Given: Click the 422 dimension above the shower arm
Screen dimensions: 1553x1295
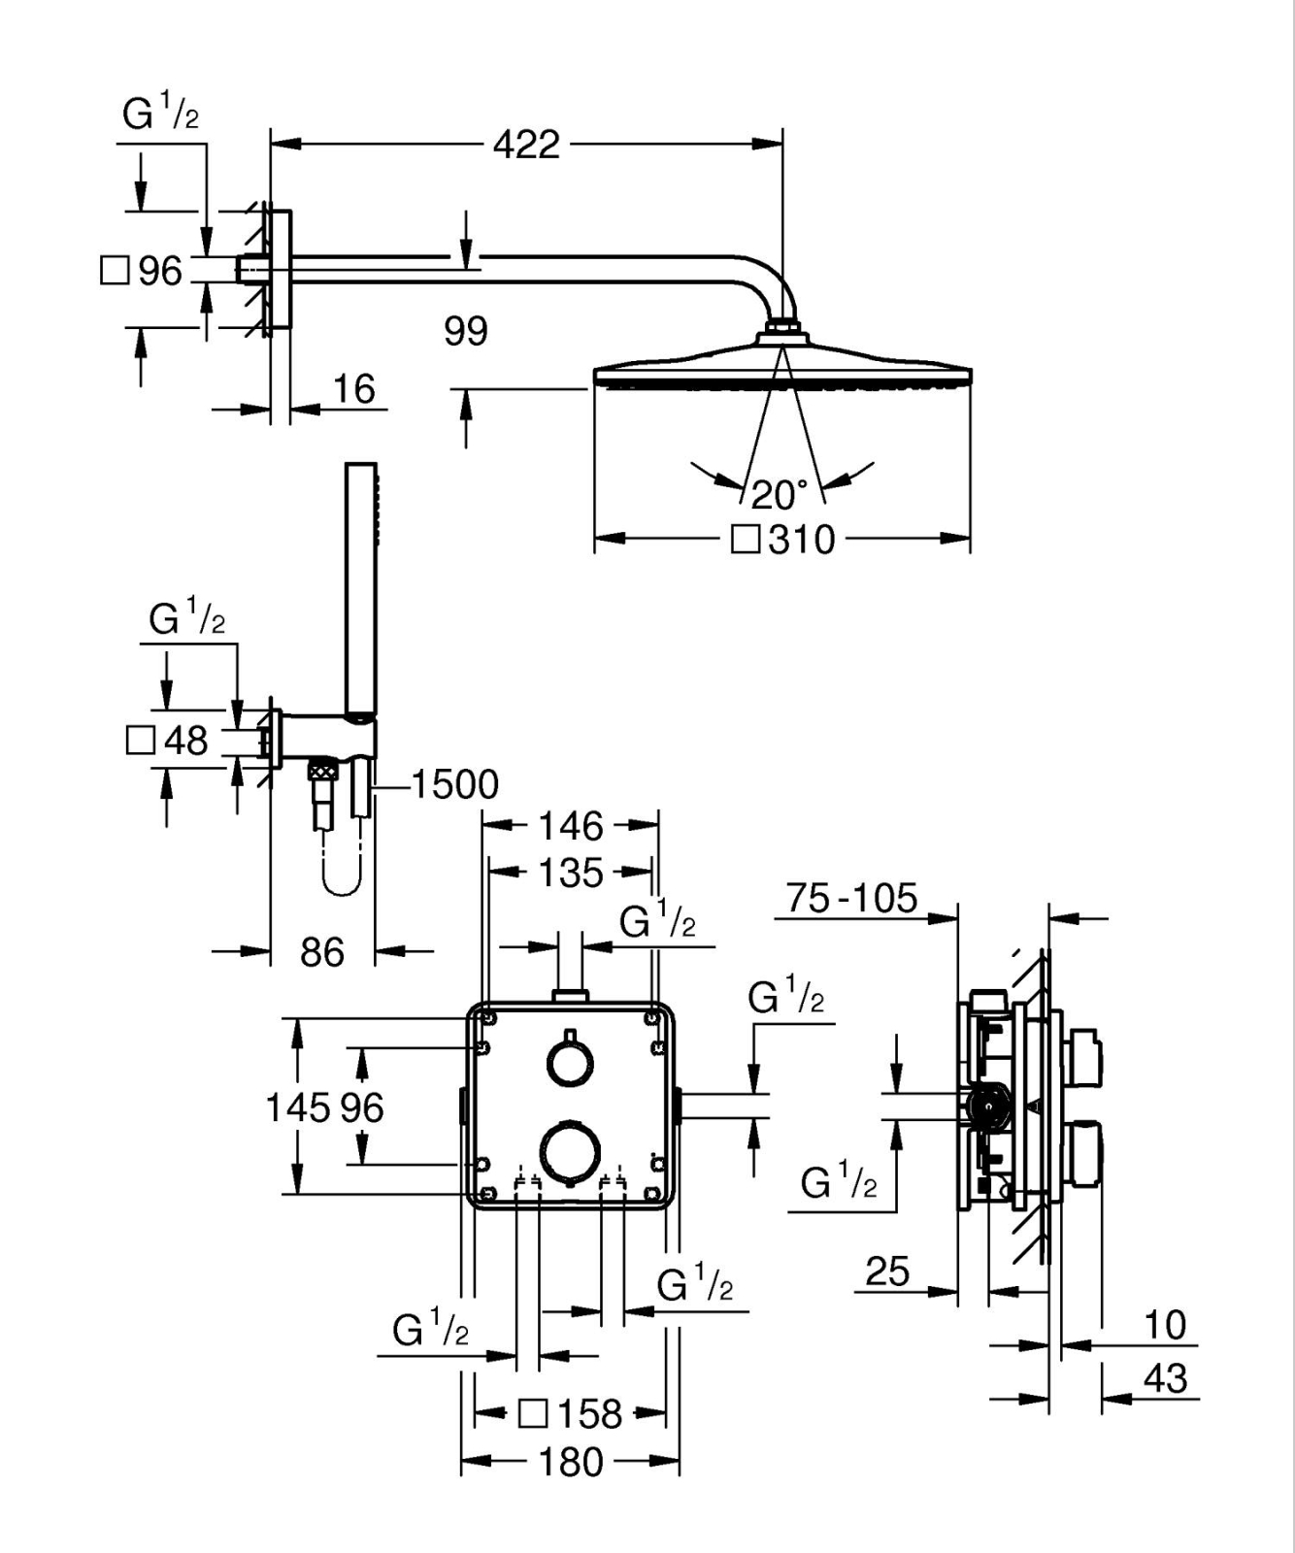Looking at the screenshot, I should [526, 145].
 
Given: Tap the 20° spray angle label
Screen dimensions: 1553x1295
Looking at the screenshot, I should [779, 495].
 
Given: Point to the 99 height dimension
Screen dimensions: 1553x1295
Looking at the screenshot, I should [466, 332].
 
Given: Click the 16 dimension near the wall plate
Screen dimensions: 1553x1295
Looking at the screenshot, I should [353, 389].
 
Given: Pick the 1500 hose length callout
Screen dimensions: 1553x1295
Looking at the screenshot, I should [454, 784].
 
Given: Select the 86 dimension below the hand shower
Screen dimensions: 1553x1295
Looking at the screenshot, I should [322, 952].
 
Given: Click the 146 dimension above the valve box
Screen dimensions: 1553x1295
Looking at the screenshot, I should [571, 826].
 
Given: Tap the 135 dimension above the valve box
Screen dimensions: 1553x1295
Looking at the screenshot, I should [571, 873].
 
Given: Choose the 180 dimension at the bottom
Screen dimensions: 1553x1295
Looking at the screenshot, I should [571, 1461].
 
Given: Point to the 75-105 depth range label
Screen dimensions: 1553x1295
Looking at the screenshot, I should [851, 899].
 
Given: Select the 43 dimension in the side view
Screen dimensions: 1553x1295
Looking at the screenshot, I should [1165, 1378].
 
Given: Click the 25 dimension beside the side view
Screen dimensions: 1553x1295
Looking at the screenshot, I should [887, 1271].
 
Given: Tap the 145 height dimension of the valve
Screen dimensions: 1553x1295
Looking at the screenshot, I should [298, 1107].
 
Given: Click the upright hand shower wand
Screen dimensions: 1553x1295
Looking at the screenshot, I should [361, 592].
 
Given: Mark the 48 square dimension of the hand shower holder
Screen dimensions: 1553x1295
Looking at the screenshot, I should [184, 742].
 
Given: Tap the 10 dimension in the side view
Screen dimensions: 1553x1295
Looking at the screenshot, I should [1165, 1325].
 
